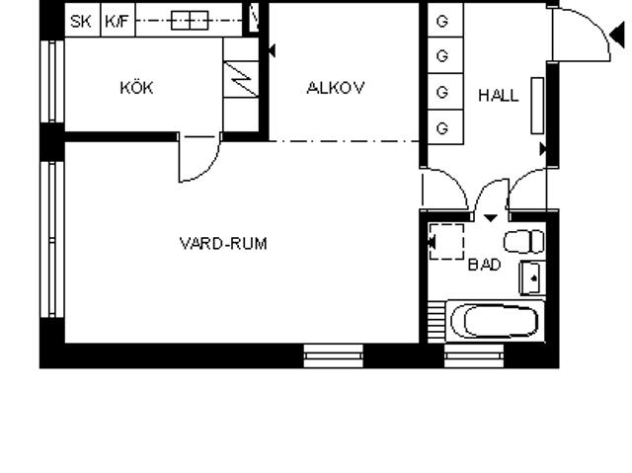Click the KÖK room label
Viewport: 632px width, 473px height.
(136, 88)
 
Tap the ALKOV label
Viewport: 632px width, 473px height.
(336, 88)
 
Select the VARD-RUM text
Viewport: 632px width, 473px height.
(223, 244)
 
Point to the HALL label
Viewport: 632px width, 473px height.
(498, 96)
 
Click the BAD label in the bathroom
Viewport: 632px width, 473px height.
(485, 265)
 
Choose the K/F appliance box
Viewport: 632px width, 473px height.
(118, 20)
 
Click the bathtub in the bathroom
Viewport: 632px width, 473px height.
(495, 321)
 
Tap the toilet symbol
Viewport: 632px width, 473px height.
(524, 241)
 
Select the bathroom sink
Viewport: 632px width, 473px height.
(532, 278)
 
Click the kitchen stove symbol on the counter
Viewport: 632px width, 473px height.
(190, 20)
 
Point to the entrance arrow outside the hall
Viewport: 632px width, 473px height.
(617, 35)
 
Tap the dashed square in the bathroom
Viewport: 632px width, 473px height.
(446, 242)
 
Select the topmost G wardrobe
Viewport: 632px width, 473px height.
(445, 20)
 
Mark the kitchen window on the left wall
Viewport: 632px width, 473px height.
(52, 81)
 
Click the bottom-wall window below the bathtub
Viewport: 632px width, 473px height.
(474, 355)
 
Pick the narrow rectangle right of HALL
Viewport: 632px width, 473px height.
(537, 106)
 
